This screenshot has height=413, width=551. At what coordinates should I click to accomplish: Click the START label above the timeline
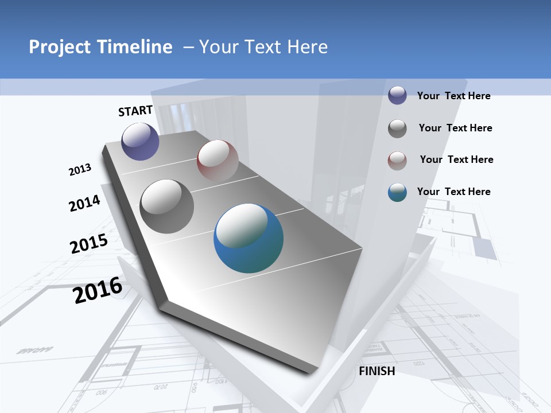click(x=135, y=111)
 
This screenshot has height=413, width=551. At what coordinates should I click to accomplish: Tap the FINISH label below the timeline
click(x=377, y=371)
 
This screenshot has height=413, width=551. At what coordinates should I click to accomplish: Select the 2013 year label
click(x=80, y=170)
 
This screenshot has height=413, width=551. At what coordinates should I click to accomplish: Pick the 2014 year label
click(x=84, y=203)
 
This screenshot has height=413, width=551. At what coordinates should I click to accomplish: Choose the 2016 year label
click(x=98, y=290)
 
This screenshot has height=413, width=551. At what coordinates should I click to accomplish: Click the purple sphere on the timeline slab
click(x=140, y=141)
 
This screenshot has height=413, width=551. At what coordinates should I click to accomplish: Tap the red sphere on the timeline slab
click(x=218, y=161)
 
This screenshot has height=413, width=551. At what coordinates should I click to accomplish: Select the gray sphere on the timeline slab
click(x=166, y=206)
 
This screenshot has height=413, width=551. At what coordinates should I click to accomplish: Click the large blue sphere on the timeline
click(x=249, y=238)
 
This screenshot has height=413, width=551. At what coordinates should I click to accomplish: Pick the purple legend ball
click(x=397, y=95)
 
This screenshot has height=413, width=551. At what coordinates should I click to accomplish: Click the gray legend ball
click(x=397, y=128)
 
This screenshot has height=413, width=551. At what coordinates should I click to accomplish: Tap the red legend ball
click(x=397, y=161)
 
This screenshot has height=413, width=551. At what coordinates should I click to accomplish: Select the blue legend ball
click(x=397, y=192)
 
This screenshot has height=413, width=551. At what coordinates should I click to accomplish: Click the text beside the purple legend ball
click(x=453, y=96)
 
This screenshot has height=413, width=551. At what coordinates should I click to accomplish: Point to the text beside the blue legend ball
click(x=453, y=192)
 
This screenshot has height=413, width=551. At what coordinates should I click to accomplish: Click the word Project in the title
click(x=60, y=47)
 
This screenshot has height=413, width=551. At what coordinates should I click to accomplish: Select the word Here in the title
click(x=307, y=47)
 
